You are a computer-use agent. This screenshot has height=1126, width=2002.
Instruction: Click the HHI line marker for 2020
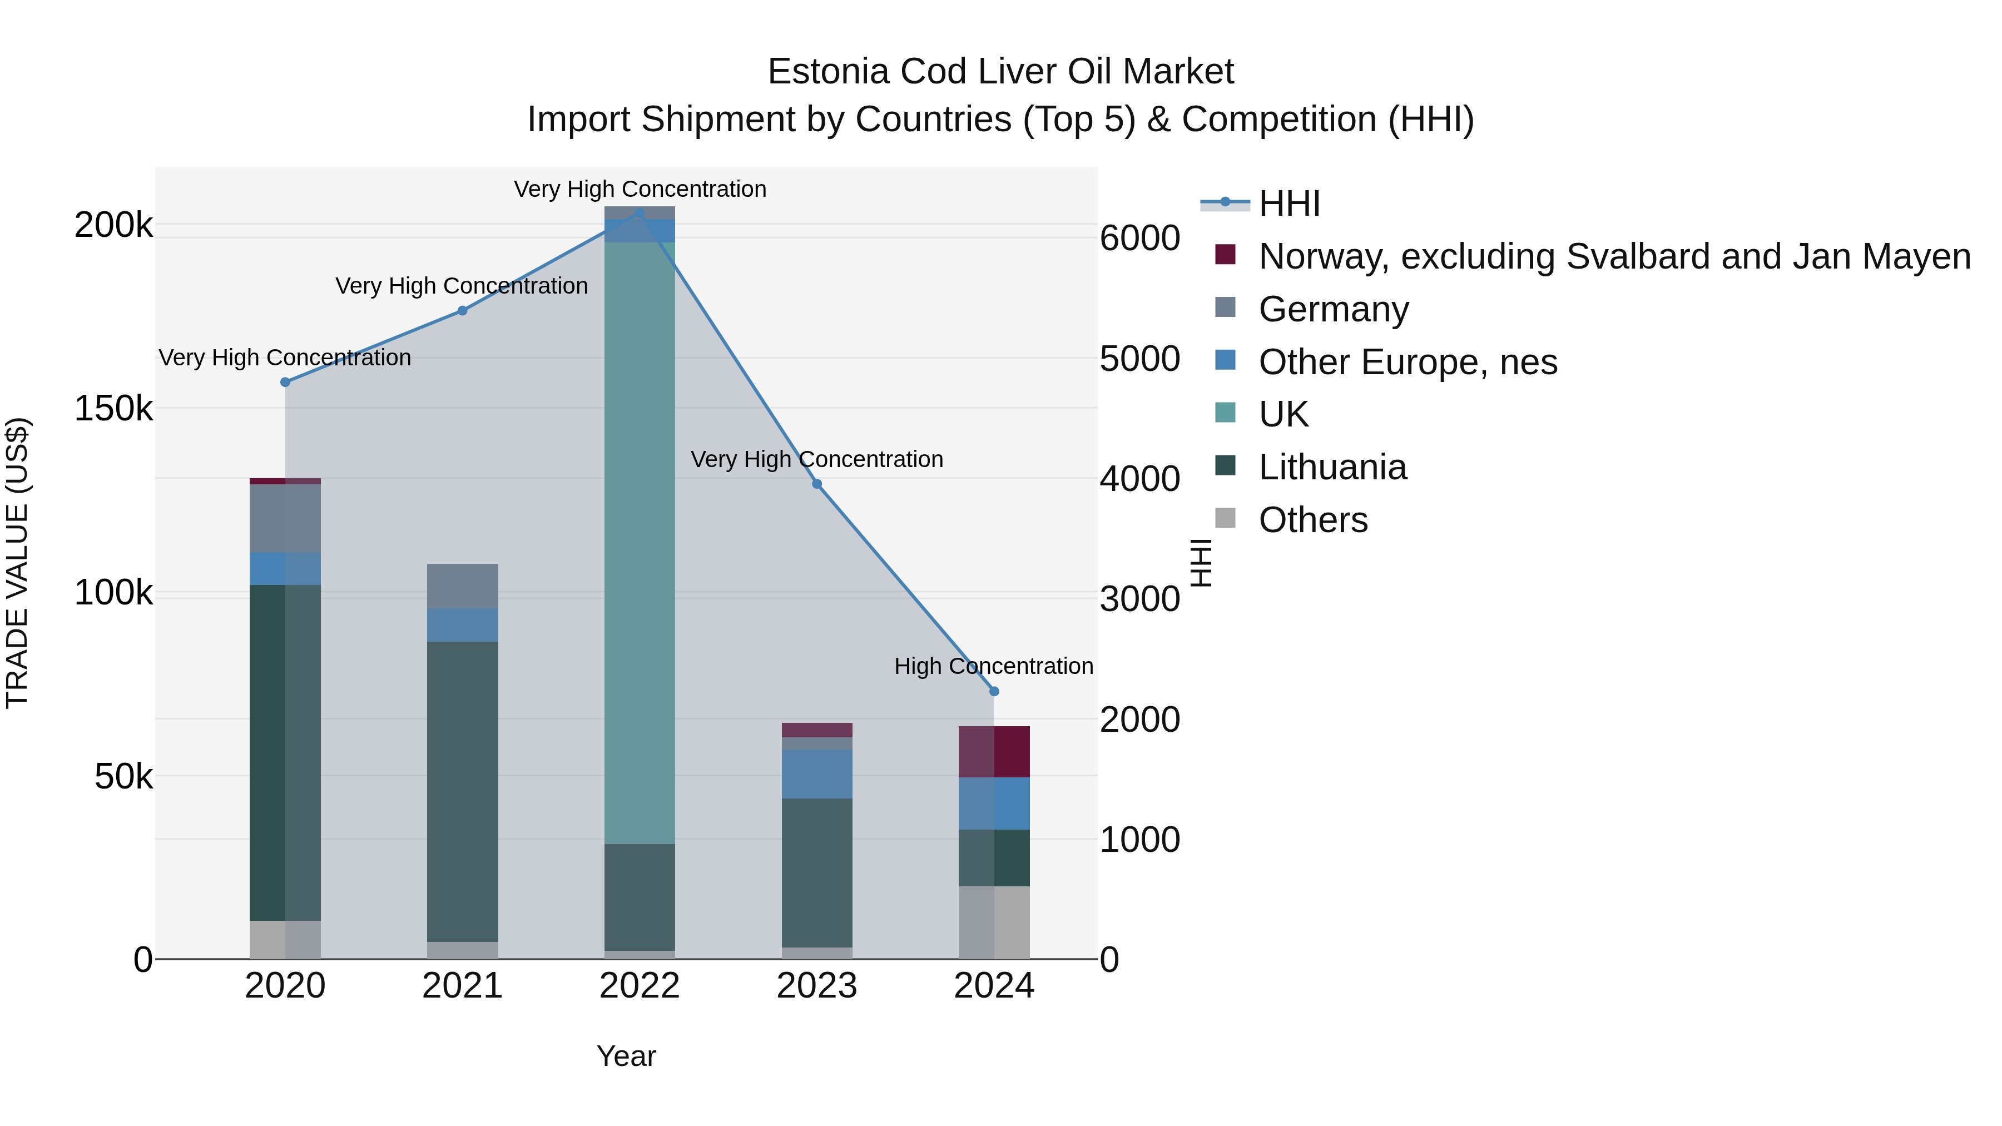click(285, 383)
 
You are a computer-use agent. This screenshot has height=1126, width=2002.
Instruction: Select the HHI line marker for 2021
click(463, 311)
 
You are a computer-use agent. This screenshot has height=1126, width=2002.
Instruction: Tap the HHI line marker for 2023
click(817, 484)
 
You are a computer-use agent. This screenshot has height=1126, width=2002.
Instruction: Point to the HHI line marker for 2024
click(994, 692)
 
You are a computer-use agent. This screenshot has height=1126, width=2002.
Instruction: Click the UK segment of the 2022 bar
click(640, 544)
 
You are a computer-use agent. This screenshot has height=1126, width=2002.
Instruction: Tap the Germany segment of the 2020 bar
click(285, 518)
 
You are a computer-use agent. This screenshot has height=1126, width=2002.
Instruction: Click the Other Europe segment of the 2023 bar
click(817, 774)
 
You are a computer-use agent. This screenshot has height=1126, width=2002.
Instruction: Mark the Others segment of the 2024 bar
click(994, 922)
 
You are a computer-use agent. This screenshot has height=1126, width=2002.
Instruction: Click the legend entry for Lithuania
click(1332, 468)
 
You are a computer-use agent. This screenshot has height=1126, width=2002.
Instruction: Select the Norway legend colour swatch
click(1225, 255)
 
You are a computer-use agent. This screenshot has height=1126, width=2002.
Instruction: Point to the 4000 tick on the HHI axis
click(1139, 479)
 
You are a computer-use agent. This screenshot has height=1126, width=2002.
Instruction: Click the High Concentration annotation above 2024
click(993, 667)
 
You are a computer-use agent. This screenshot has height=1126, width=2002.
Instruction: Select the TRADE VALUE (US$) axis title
click(17, 563)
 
